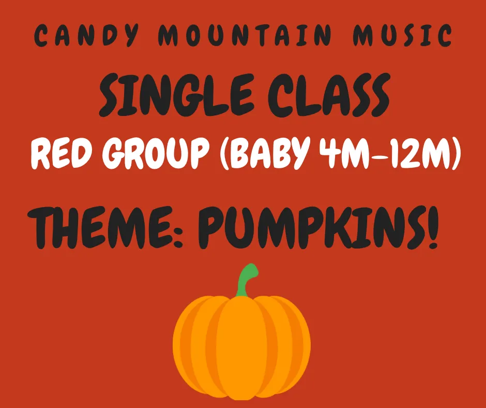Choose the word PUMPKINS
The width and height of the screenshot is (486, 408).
pyautogui.click(x=310, y=226)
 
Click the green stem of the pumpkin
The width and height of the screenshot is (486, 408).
pyautogui.click(x=245, y=280)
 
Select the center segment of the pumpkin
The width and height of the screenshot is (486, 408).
pyautogui.click(x=241, y=347)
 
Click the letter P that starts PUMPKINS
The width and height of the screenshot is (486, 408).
pyautogui.click(x=212, y=226)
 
